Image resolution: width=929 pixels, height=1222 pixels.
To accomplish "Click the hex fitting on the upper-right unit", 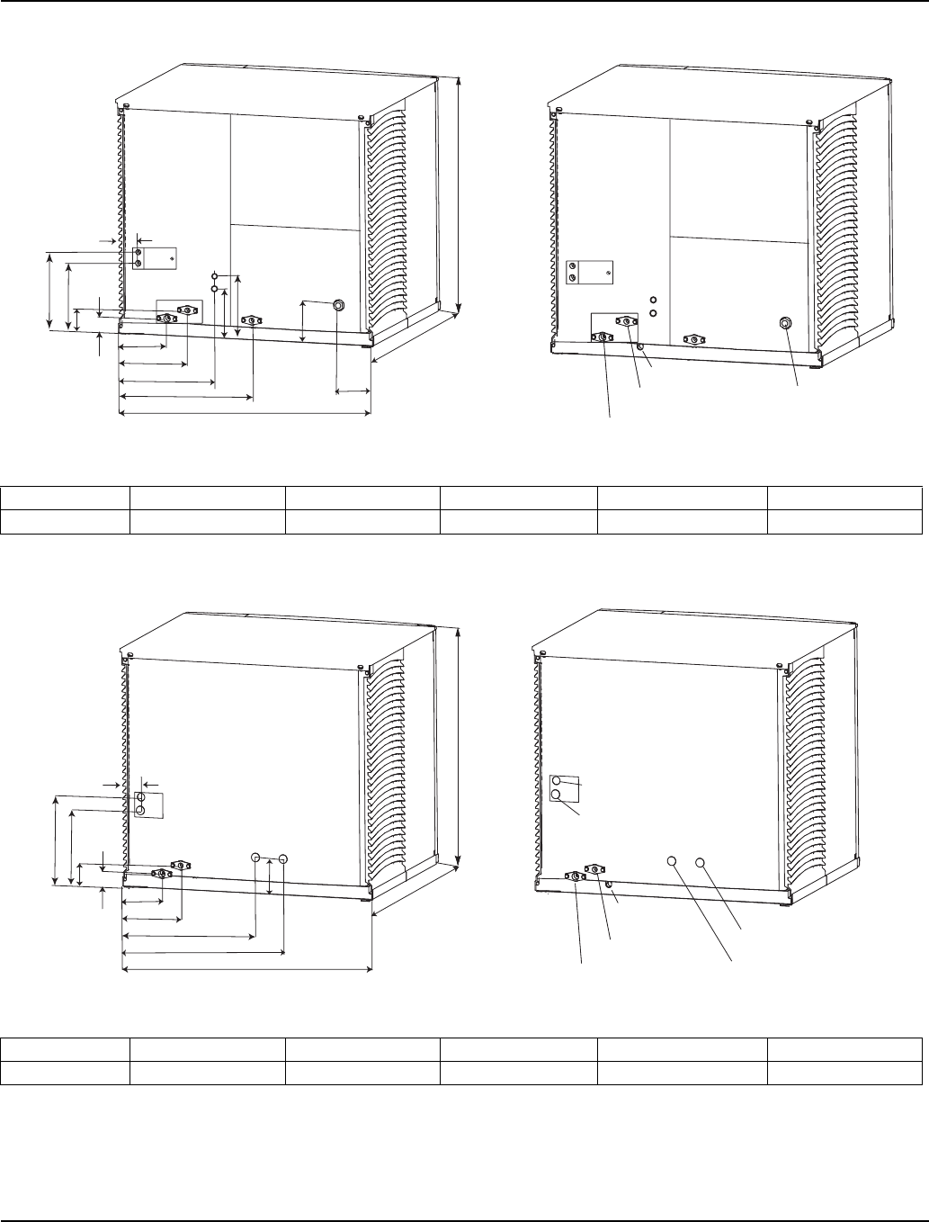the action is pos(784,323).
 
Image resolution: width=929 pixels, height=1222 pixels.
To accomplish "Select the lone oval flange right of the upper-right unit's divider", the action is pos(692,339).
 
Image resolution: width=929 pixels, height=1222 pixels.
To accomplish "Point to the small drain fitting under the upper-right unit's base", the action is pos(639,346).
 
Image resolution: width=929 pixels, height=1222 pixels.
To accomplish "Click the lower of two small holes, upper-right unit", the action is pos(654,313).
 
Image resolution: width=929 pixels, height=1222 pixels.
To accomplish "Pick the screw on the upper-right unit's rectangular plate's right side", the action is pos(609,272).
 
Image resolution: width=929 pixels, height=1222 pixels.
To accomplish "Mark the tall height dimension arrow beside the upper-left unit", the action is pos(459,193).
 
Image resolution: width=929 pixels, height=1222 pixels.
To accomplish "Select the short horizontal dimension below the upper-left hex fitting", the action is pos(353,391).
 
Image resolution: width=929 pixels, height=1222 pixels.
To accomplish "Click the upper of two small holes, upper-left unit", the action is pos(214,274).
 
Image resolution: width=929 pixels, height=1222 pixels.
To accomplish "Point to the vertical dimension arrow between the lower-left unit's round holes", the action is pos(270,877).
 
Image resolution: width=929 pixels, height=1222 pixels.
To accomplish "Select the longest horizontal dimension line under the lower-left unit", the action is pos(246,970).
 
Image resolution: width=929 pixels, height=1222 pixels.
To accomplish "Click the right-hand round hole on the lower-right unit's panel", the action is pos(701,862).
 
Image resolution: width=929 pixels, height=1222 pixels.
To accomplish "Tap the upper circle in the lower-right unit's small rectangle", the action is pos(557,781).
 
